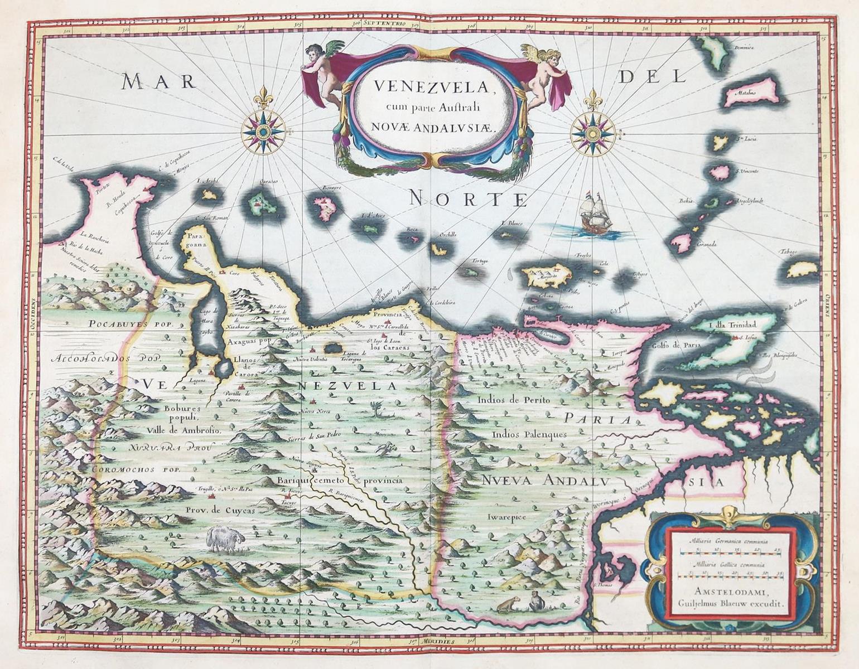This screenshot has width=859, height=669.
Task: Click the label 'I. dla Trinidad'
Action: click(731, 325)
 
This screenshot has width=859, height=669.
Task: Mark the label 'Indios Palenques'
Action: click(529, 434)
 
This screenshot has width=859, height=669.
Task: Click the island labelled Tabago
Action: click(804, 270)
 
